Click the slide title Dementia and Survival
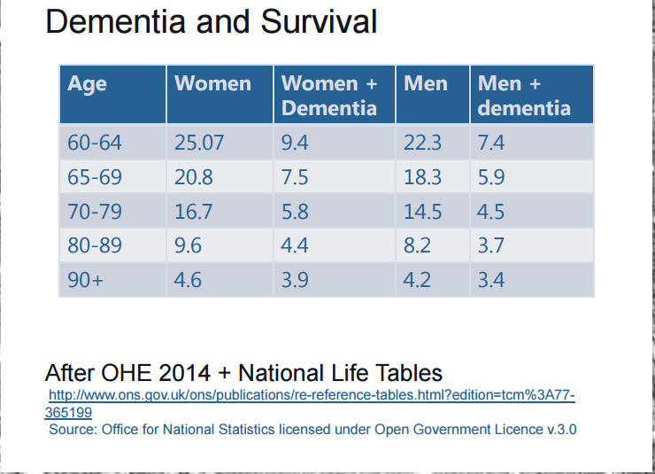tap(211, 21)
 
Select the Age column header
tap(87, 84)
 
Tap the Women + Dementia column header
tap(329, 96)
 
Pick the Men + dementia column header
tap(523, 96)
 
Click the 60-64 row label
tap(95, 142)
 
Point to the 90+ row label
tap(85, 280)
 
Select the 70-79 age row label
tap(95, 211)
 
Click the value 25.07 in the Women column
tap(199, 142)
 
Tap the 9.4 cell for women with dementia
tap(295, 142)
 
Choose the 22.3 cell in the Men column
tap(422, 142)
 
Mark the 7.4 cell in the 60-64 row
tap(491, 142)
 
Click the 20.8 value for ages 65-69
tap(193, 176)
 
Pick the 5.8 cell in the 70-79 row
tap(295, 211)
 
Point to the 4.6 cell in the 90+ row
tap(188, 280)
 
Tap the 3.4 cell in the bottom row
tap(491, 280)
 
